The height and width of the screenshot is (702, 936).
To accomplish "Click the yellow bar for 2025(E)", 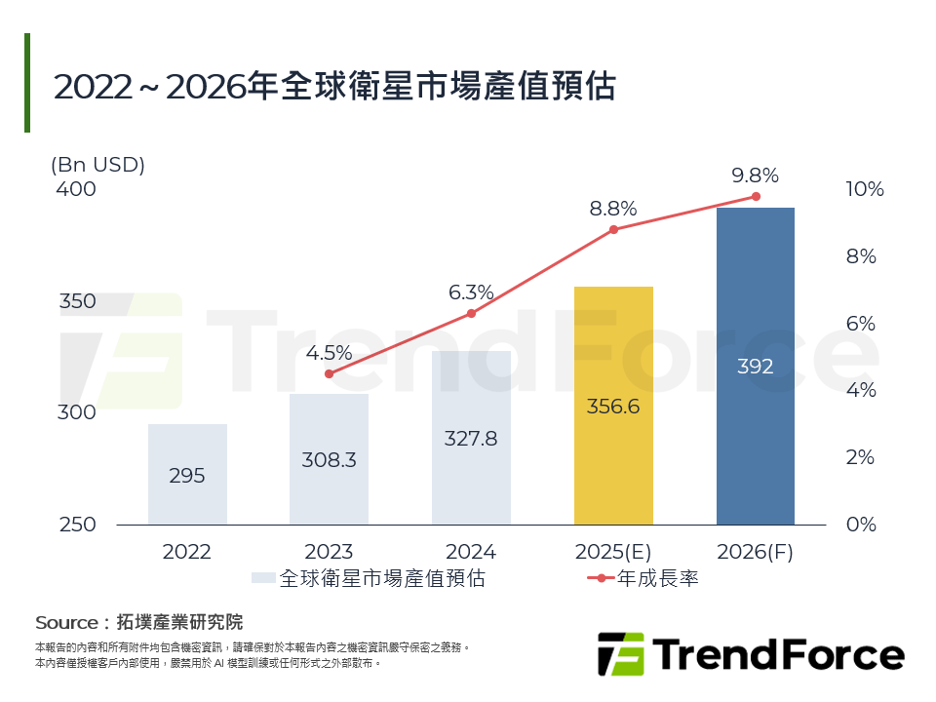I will pos(613,405).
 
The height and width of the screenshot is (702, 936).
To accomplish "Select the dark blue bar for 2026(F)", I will pos(756,366).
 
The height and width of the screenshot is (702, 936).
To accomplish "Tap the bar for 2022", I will pos(187,474).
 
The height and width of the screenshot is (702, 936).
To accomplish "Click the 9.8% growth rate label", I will pos(756,175).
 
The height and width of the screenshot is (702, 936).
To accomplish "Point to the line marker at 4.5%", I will pos(329,373).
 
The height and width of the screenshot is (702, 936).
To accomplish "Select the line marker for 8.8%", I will pos(613,229).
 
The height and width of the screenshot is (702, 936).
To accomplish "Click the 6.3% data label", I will pos(471,292).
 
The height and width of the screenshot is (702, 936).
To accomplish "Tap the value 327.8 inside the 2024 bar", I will pos(471,439).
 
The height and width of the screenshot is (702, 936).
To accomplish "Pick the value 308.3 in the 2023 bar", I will pos(329,460).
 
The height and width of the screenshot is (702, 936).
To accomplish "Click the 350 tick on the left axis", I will pos(78,301).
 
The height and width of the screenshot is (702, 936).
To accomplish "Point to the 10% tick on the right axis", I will pos(864,189).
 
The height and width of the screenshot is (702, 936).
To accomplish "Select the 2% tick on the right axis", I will pos(860,457).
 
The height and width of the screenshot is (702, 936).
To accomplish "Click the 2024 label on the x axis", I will pos(471,552).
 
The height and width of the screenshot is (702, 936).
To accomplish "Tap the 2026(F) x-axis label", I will pos(756,552).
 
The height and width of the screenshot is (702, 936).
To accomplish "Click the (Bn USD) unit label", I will pos(97,165).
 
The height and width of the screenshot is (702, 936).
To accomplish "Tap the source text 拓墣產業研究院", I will pos(179,622).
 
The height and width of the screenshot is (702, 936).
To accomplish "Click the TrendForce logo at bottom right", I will pos(751,654).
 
